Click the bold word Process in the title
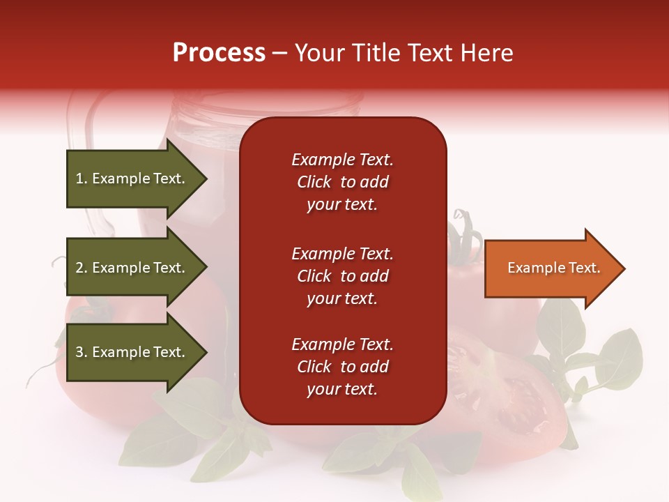pyautogui.click(x=219, y=53)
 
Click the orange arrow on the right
pyautogui.click(x=551, y=268)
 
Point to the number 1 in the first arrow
pyautogui.click(x=79, y=178)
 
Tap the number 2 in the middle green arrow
pyautogui.click(x=79, y=268)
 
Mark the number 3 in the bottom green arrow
pyautogui.click(x=79, y=352)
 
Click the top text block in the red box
pyautogui.click(x=342, y=182)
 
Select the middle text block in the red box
pyautogui.click(x=342, y=276)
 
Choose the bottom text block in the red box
pyautogui.click(x=342, y=367)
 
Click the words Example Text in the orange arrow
pyautogui.click(x=553, y=268)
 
